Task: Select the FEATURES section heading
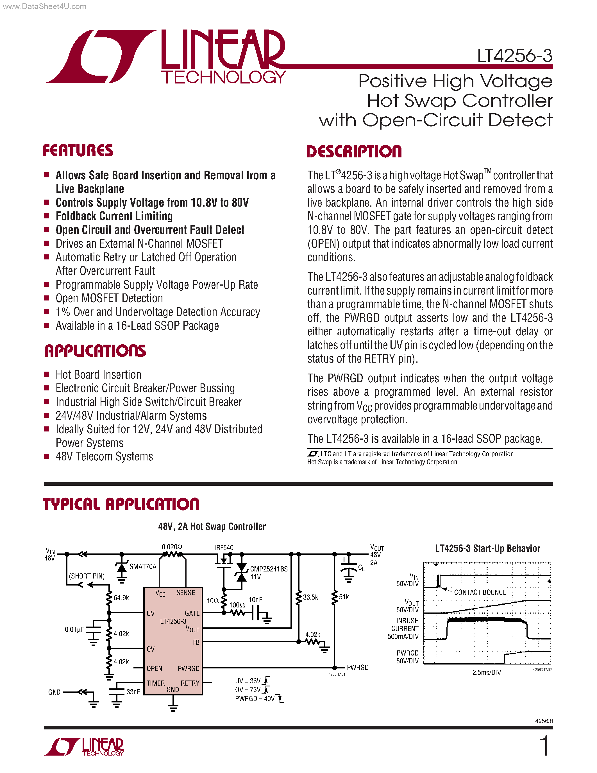[x=78, y=150]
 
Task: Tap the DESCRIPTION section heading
[x=354, y=152]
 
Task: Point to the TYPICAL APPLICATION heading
[x=121, y=504]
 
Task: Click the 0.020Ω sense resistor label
[x=172, y=547]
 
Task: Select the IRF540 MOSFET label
[x=224, y=548]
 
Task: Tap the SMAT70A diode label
[x=142, y=566]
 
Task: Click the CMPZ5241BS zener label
[x=269, y=569]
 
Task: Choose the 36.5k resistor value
[x=310, y=597]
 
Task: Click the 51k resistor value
[x=344, y=597]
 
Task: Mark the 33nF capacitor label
[x=133, y=691]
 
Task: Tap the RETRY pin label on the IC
[x=190, y=683]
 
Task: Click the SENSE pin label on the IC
[x=186, y=593]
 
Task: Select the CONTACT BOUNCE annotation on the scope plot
[x=480, y=592]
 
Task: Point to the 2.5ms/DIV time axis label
[x=486, y=672]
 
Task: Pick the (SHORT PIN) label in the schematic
[x=87, y=576]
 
